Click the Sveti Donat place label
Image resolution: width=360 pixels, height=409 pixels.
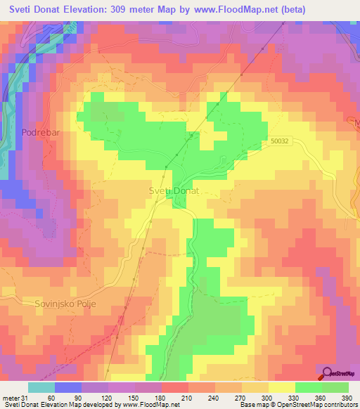[x=174, y=191]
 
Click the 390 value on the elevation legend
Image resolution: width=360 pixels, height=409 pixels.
[x=347, y=398]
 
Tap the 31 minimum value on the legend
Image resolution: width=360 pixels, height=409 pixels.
[x=29, y=398]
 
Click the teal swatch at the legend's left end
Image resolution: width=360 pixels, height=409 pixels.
[x=41, y=387]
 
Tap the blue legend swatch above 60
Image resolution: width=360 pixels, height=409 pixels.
[x=68, y=387]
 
